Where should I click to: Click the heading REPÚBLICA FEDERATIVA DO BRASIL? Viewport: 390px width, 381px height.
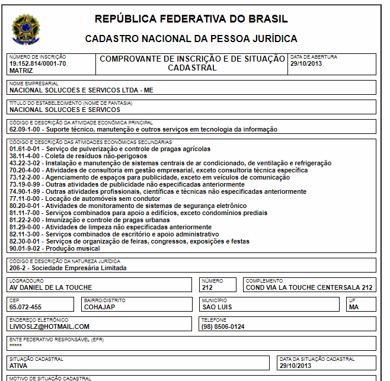pos(191,19)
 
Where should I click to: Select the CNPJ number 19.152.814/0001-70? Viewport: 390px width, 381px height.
pos(38,63)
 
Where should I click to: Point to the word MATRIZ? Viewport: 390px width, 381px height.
pos(21,70)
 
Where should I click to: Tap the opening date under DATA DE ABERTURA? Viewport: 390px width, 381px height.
pos(306,63)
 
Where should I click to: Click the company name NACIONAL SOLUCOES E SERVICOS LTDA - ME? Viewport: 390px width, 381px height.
pos(82,91)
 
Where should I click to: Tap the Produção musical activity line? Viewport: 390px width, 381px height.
pos(55,248)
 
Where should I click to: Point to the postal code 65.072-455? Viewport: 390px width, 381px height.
pos(25,307)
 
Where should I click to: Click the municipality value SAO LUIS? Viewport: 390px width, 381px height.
pos(217,307)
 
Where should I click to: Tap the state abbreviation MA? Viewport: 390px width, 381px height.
pos(354,307)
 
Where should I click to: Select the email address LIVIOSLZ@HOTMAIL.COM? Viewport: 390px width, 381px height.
pos(49,326)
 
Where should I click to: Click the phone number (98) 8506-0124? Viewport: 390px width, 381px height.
pos(223,326)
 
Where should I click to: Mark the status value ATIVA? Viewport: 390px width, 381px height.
pos(19,366)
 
